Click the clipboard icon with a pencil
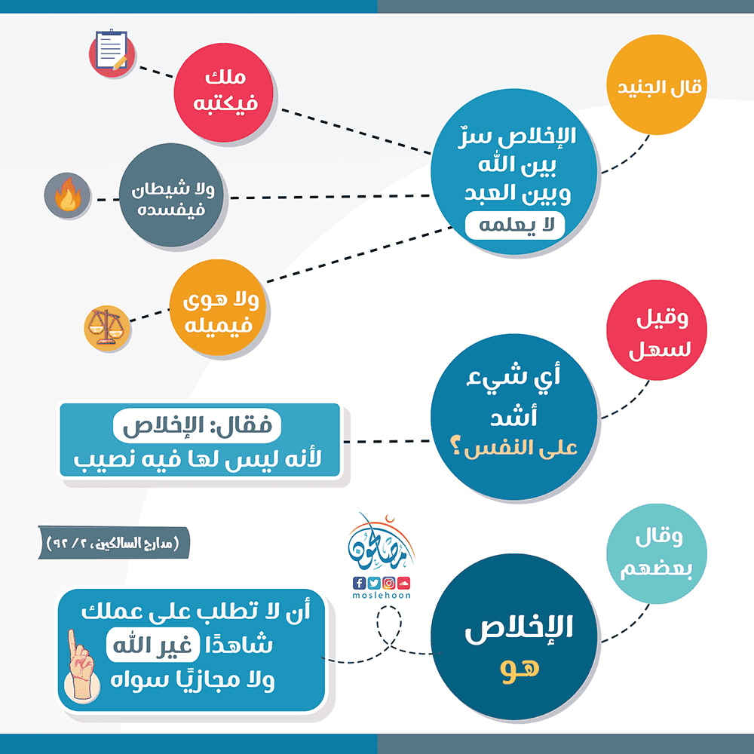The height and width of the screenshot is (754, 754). coord(112,52)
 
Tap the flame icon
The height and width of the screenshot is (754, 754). coord(67,195)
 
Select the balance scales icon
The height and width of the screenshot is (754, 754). coord(107,328)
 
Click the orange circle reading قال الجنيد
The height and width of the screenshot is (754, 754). coord(657,84)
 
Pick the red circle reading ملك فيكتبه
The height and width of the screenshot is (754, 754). coord(224,92)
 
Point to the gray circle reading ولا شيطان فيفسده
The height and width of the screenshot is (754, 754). coord(171,195)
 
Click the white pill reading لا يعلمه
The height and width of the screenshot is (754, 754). coord(515,225)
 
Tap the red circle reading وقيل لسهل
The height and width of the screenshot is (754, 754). coord(657,330)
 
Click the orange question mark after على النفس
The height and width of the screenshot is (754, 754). coord(455,448)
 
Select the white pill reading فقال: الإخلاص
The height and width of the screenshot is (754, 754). coord(197,425)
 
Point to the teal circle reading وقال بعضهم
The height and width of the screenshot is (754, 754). coord(657,553)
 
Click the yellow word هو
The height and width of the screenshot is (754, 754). coord(520,668)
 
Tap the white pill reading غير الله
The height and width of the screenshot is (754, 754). coord(153,645)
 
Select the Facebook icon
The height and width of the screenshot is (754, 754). coord(359,583)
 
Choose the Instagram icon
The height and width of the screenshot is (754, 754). coord(389,583)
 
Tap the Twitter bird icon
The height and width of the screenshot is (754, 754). coord(374,583)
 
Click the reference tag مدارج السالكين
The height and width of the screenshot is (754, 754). coord(114,543)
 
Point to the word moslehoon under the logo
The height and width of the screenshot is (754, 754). coord(382,596)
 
